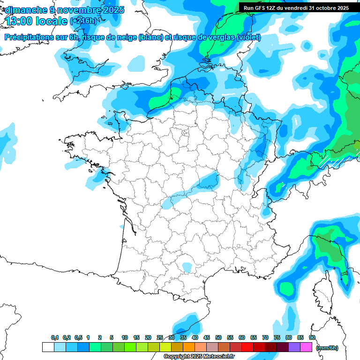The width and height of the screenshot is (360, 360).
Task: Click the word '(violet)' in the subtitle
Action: point(248,37)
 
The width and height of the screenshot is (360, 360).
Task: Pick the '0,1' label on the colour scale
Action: point(55,337)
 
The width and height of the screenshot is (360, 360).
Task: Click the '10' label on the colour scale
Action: point(124,337)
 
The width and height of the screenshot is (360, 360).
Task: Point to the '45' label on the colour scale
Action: point(207,337)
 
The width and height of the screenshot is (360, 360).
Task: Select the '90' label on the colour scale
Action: point(312,337)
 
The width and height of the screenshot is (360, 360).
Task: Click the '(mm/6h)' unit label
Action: point(327,348)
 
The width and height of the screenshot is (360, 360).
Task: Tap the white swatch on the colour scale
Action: point(48,347)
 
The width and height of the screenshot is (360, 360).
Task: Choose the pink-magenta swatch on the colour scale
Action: point(306,347)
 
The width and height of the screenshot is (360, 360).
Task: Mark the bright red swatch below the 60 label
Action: point(247,347)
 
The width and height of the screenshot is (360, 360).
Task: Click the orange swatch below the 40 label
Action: point(189,347)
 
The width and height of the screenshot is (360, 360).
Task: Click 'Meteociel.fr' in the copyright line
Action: point(219,357)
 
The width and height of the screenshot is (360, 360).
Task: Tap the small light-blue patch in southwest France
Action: point(187,267)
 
